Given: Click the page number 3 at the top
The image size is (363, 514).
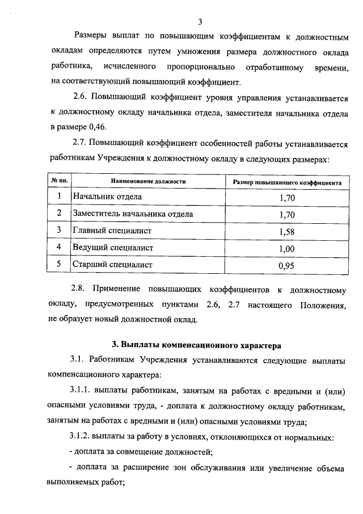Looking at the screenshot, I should [200, 22].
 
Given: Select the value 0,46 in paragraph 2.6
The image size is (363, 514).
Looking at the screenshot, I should [96, 126].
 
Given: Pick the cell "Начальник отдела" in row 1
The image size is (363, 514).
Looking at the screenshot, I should [107, 197].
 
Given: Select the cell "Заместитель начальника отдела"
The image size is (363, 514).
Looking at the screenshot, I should [133, 214].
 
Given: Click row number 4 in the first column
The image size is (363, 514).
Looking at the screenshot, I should [59, 247].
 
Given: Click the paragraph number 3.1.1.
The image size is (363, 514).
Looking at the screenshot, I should [82, 391].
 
